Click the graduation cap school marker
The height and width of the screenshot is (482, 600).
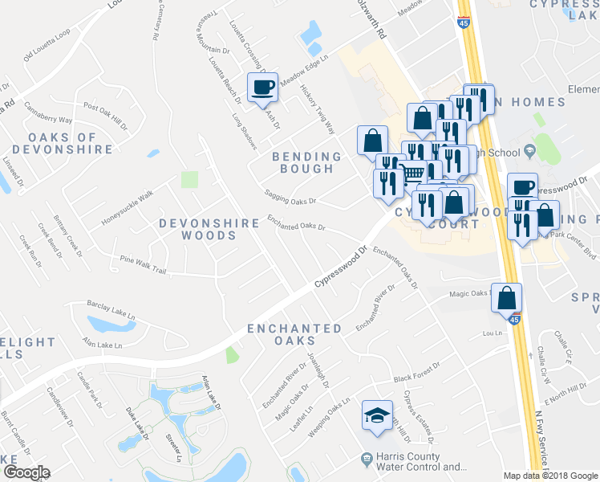click(x=377, y=416)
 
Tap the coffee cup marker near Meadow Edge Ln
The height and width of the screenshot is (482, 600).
click(x=262, y=88)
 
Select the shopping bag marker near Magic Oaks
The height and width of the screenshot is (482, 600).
click(x=507, y=298)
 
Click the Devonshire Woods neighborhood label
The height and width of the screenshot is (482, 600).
click(x=198, y=229)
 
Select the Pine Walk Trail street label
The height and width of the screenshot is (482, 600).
click(x=143, y=265)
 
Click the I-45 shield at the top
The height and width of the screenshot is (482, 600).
click(x=464, y=23)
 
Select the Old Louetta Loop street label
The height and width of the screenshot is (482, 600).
click(x=47, y=45)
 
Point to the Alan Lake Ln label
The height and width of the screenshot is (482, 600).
click(x=102, y=344)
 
